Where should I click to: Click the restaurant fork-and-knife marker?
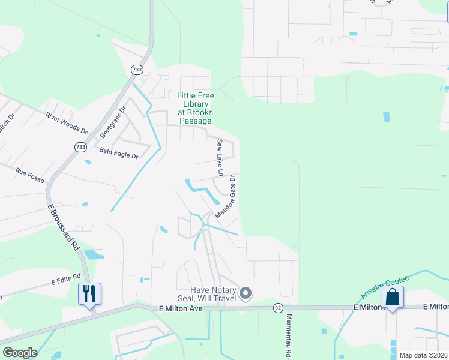90,294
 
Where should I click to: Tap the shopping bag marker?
392,297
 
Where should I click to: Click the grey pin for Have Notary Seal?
245,293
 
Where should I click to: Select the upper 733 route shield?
137,70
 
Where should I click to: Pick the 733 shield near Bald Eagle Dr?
80,147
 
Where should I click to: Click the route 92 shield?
277,308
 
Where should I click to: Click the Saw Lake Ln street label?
220,158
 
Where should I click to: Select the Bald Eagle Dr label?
119,154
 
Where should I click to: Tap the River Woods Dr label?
67,123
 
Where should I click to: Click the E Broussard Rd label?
63,226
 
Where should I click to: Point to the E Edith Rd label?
65,280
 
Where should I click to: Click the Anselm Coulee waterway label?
384,287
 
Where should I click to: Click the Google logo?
20,353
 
